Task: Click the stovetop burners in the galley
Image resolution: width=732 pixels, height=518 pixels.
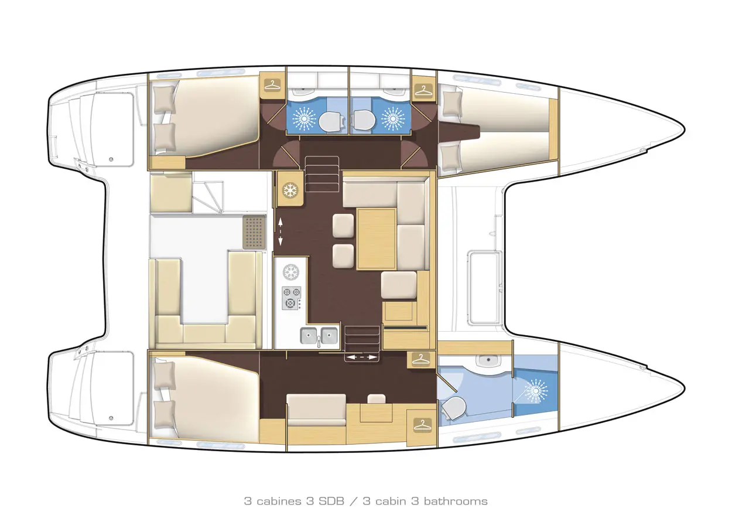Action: [x=292, y=298]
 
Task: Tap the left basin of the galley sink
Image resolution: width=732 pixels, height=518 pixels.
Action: [x=309, y=335]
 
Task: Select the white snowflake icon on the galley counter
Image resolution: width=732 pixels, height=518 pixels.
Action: [x=291, y=272]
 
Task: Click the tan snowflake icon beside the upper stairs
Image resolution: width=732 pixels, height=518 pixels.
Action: [x=290, y=190]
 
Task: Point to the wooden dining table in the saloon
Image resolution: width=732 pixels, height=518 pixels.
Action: [x=376, y=238]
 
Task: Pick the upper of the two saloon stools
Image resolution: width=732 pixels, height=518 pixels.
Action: [x=343, y=226]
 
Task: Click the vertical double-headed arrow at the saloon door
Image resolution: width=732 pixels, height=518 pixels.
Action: [x=280, y=232]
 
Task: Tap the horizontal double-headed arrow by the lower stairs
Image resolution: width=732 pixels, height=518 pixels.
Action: [x=361, y=357]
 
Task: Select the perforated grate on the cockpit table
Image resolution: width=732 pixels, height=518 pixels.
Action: [x=254, y=232]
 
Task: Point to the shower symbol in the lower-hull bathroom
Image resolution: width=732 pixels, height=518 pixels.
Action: [x=536, y=391]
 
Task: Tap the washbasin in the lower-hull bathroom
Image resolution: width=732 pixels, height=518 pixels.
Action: [x=488, y=361]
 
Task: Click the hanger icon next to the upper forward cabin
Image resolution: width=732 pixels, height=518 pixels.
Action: [x=423, y=90]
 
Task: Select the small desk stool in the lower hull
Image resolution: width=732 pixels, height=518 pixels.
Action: [x=377, y=398]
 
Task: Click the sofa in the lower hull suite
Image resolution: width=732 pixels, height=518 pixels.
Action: [x=316, y=410]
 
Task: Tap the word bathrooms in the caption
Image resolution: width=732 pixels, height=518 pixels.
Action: [x=456, y=502]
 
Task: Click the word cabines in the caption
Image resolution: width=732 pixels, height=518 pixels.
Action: [x=279, y=502]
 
